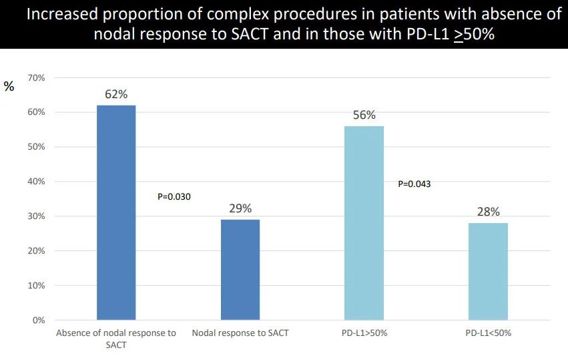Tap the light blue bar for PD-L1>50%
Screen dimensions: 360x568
tap(364, 223)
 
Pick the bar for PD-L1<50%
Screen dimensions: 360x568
tap(488, 271)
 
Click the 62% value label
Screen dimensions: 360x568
tap(116, 94)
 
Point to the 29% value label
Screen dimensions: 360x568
tap(240, 208)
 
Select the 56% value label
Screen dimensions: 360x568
tap(364, 115)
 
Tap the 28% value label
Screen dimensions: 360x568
tap(488, 212)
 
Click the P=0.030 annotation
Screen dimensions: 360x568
tap(174, 196)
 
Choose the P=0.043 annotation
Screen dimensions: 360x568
tap(414, 184)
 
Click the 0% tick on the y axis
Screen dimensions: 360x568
tap(39, 321)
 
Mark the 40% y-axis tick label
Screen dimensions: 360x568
tap(37, 182)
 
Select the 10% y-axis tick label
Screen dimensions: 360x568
tap(37, 286)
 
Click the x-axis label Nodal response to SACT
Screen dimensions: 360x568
tap(240, 333)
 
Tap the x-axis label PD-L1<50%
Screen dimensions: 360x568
tap(488, 333)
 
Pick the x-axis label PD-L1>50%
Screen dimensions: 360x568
tap(364, 333)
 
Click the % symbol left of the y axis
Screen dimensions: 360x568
tap(9, 86)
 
